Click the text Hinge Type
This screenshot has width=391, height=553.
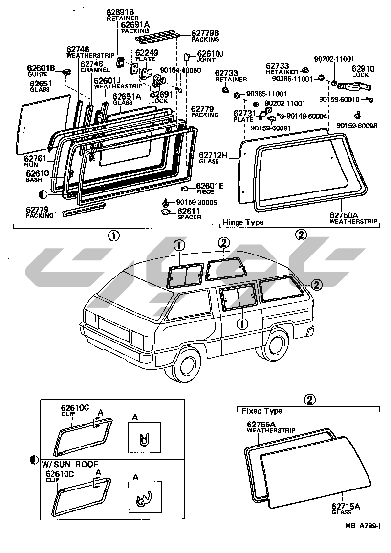click(x=243, y=223)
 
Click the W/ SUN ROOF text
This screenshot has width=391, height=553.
click(x=70, y=464)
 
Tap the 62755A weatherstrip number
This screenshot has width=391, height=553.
click(x=261, y=425)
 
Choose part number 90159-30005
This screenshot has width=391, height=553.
click(x=196, y=202)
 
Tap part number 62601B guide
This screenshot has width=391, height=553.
click(x=41, y=68)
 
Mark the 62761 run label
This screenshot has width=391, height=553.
click(x=36, y=159)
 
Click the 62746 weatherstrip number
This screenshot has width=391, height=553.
click(x=78, y=49)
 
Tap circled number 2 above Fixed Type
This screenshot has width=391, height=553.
click(x=308, y=400)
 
